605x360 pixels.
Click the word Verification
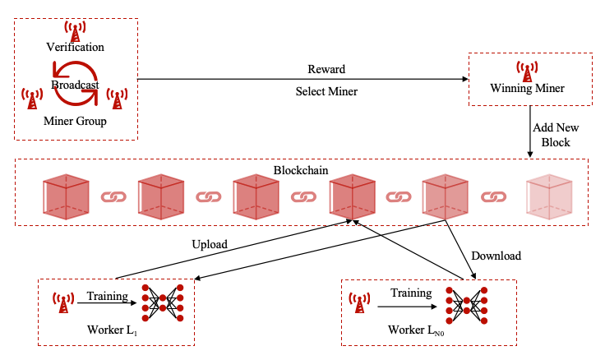click(x=75, y=48)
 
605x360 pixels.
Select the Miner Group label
click(x=75, y=122)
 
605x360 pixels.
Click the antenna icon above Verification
click(x=76, y=31)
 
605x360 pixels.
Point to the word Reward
click(x=326, y=69)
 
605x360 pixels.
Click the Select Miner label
click(x=326, y=91)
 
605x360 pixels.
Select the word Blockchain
click(x=302, y=169)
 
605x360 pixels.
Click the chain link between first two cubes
click(x=113, y=197)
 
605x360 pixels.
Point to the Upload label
click(x=209, y=244)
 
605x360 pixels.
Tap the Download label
click(x=496, y=256)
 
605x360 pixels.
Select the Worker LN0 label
click(x=418, y=330)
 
